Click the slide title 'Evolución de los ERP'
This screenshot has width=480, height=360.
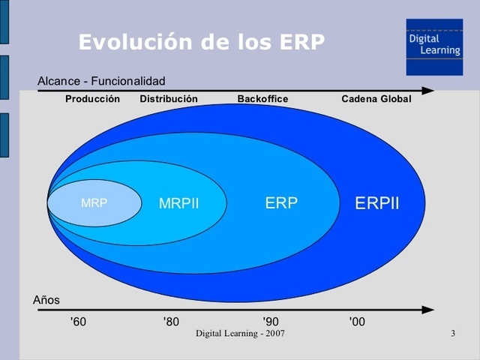[201, 42]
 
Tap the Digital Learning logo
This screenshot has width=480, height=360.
[434, 46]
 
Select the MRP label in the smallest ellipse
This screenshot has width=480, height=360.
[94, 202]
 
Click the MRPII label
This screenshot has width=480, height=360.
[178, 203]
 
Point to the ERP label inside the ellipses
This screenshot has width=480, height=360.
[281, 202]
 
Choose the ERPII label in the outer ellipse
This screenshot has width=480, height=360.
[376, 203]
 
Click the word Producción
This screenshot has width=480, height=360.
[92, 99]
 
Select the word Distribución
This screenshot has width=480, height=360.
[169, 99]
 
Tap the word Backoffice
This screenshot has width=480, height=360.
[262, 99]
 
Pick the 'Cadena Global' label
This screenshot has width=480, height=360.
[376, 99]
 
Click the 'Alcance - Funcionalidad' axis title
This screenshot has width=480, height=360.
[101, 81]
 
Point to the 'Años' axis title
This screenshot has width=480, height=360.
[46, 300]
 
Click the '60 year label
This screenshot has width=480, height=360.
[78, 322]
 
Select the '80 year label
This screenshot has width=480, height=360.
[171, 322]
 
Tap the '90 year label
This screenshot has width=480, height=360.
[271, 322]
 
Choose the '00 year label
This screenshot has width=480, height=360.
[357, 322]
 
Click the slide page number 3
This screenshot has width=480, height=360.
[453, 332]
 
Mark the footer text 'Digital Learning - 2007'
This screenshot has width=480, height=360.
[240, 332]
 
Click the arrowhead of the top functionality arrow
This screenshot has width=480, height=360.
[428, 91]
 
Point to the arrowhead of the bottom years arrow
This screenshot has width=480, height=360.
[428, 309]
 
